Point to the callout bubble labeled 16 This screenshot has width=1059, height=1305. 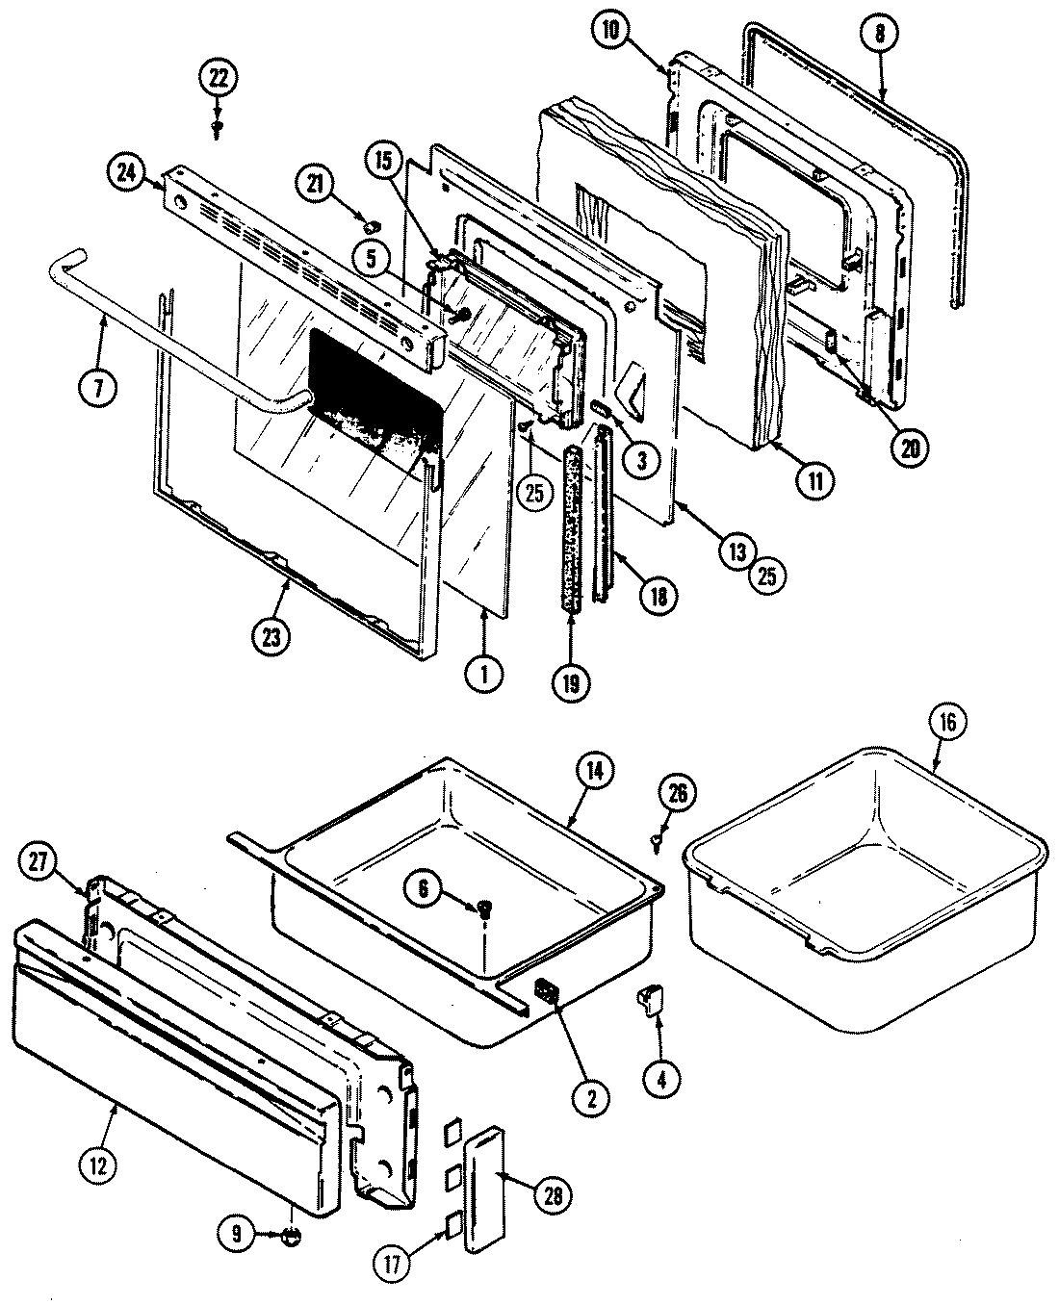pyautogui.click(x=947, y=724)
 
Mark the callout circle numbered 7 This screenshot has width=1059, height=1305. pyautogui.click(x=102, y=388)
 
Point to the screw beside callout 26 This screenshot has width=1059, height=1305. pyautogui.click(x=656, y=841)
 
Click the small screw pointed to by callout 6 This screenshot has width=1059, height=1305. pyautogui.click(x=485, y=907)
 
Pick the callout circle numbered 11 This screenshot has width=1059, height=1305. pyautogui.click(x=815, y=480)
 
